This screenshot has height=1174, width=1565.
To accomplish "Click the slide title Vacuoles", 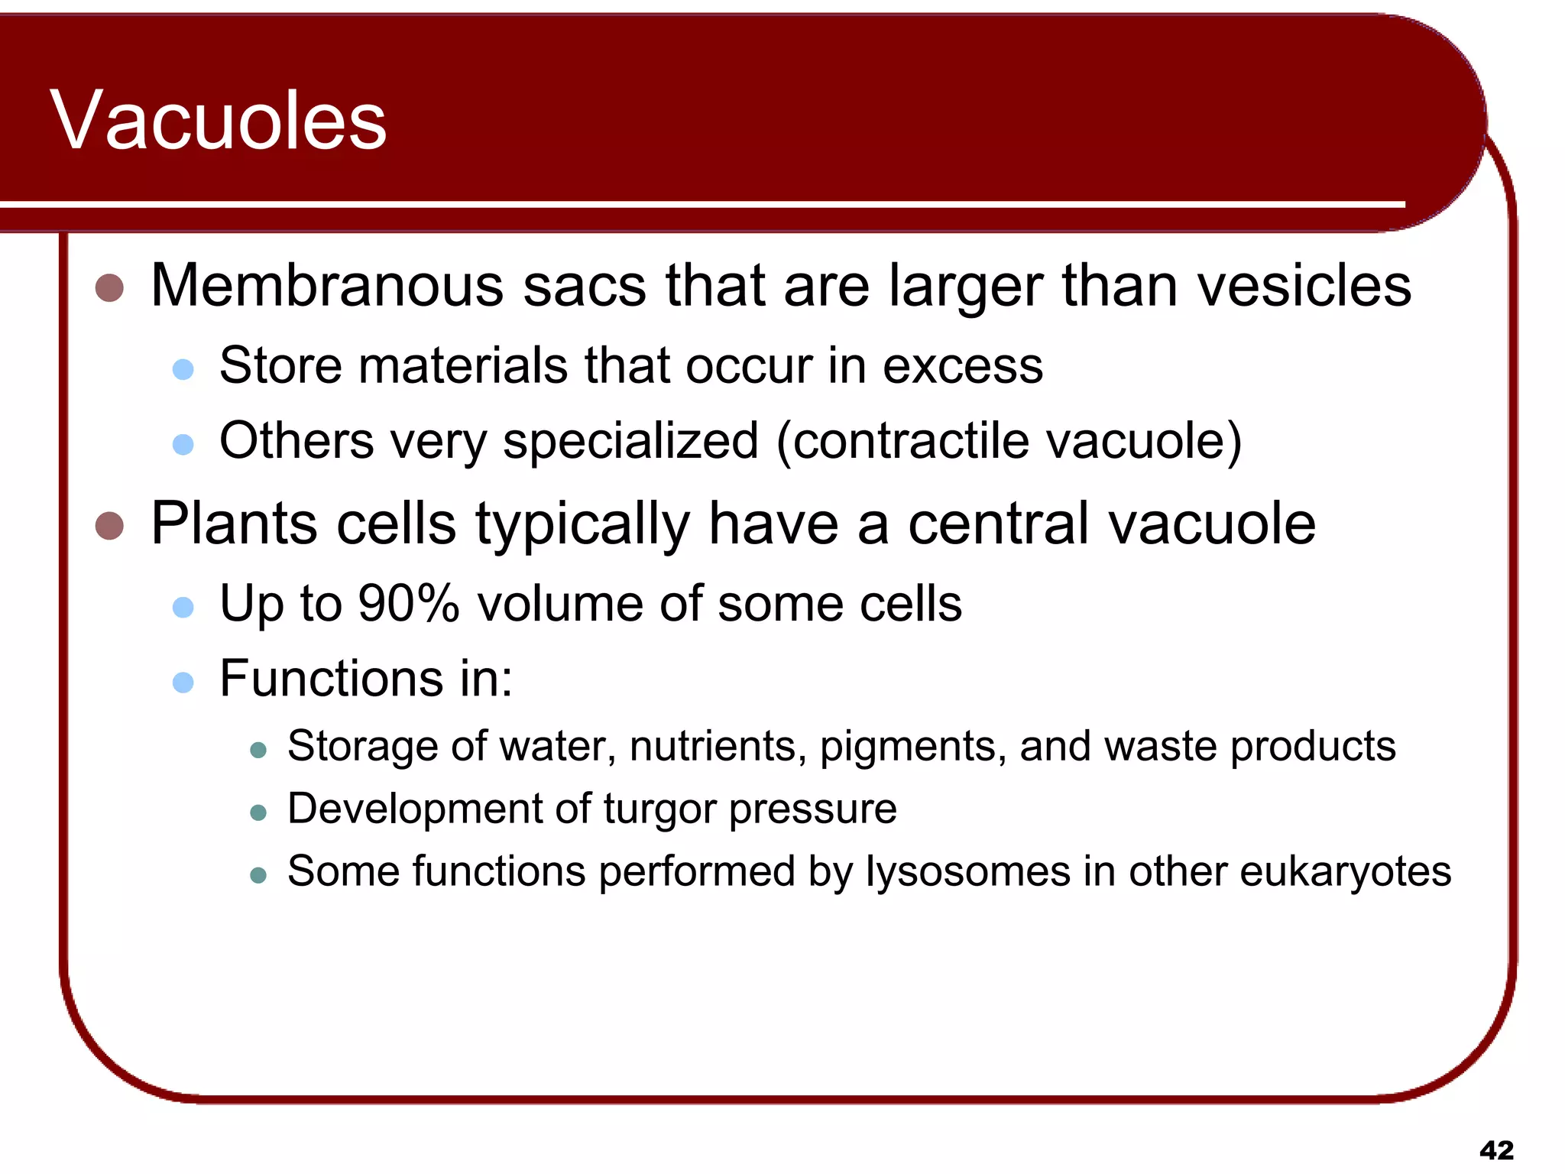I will click(219, 120).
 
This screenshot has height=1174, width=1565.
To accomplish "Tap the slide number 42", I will click(1496, 1150).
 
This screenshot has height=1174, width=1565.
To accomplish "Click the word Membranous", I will click(327, 286).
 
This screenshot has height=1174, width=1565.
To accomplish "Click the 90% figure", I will click(408, 604).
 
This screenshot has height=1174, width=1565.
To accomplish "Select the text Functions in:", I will click(365, 679).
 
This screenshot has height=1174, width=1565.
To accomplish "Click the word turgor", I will click(659, 809).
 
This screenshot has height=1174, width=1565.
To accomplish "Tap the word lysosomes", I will click(967, 872).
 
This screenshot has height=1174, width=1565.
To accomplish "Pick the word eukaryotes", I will click(1345, 872).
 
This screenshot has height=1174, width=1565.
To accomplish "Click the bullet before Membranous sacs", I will click(110, 288).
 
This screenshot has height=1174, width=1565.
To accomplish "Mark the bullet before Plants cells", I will click(110, 526).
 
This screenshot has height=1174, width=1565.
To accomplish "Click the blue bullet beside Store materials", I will click(183, 370).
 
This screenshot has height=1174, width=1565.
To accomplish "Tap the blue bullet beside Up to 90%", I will click(183, 608).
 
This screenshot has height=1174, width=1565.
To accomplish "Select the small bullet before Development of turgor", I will click(258, 812).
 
